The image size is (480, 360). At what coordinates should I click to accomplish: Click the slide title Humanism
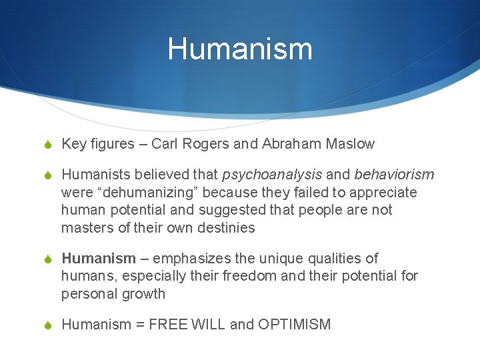click(240, 49)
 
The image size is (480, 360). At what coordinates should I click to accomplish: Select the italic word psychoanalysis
click(272, 175)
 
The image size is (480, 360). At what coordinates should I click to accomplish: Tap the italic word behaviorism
click(394, 175)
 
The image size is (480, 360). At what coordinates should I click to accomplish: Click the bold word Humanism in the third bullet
click(98, 259)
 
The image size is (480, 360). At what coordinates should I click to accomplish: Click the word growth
click(143, 294)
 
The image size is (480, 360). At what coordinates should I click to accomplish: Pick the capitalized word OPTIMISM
click(294, 325)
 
